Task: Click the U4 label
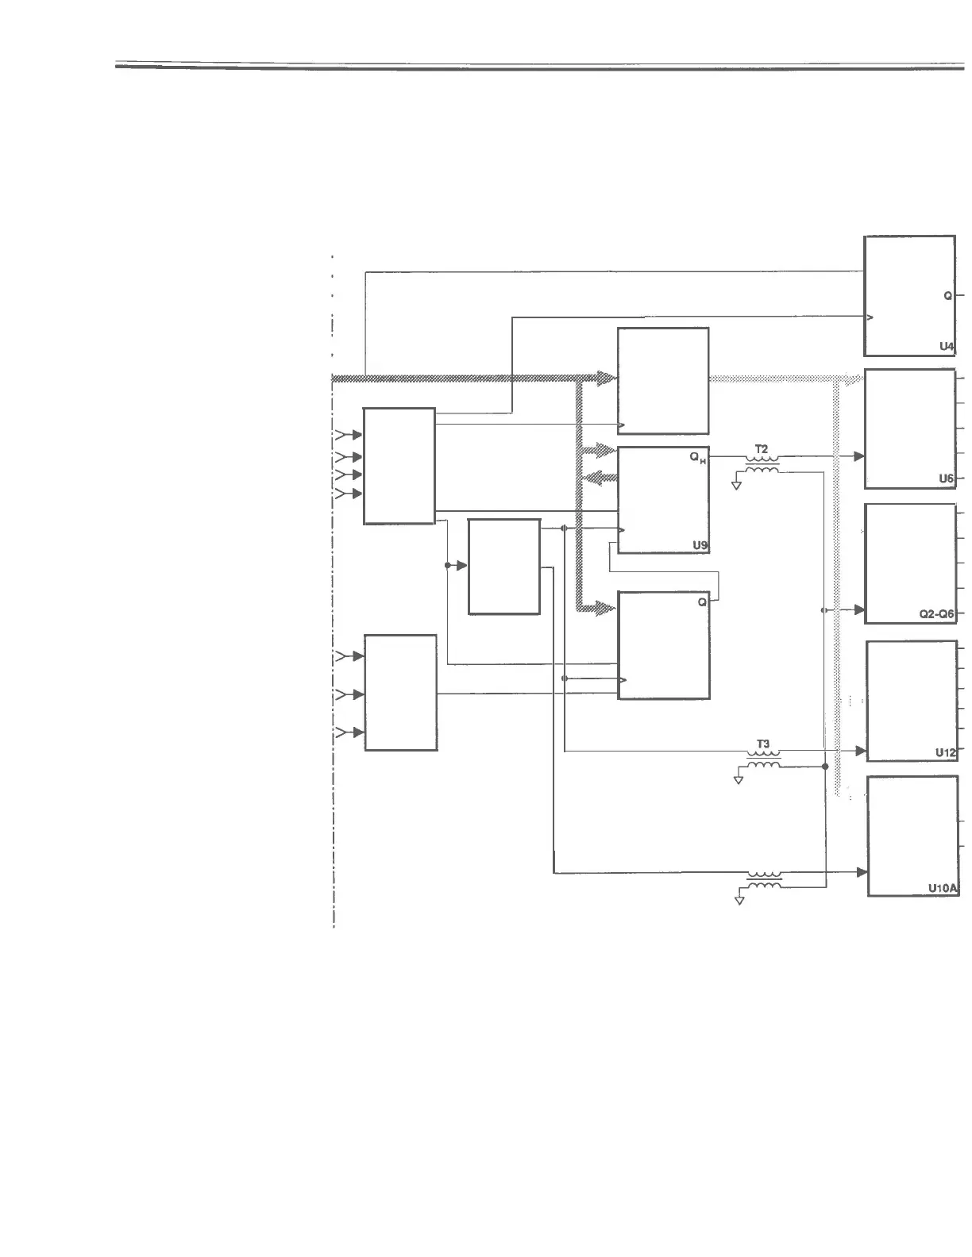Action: click(x=946, y=346)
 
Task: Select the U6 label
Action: click(x=946, y=479)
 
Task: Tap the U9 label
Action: click(x=700, y=545)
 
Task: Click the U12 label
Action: click(x=945, y=752)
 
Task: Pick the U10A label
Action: click(x=943, y=890)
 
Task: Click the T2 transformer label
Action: click(x=762, y=449)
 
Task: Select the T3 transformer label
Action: click(x=762, y=744)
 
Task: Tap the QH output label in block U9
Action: click(x=698, y=458)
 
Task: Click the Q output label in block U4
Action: click(x=947, y=295)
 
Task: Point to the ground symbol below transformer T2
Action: click(x=736, y=484)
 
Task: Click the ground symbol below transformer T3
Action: click(x=739, y=779)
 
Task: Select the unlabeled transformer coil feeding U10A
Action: click(x=764, y=878)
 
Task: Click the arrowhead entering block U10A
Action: click(x=862, y=872)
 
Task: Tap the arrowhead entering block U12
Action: click(x=859, y=750)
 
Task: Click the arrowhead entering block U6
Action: click(x=858, y=457)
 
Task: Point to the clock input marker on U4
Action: click(x=870, y=317)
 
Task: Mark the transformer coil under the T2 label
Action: click(x=762, y=463)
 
